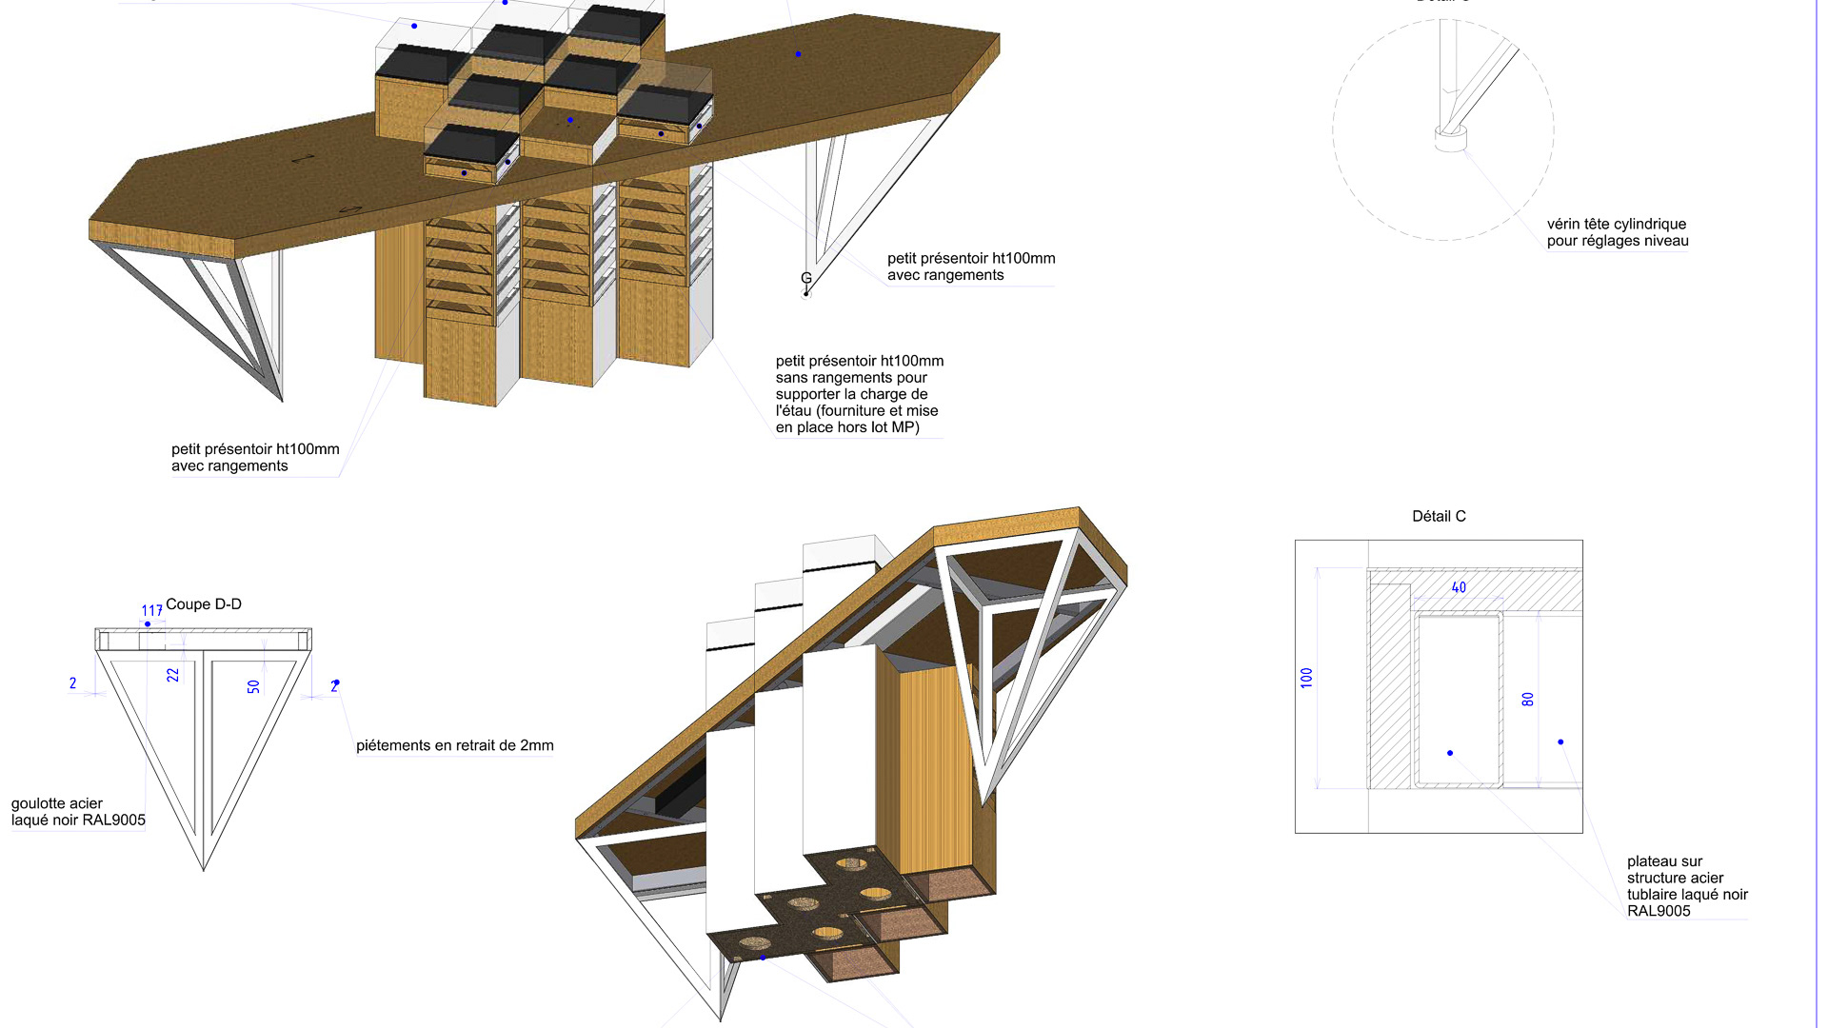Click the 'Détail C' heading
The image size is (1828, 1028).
[x=1439, y=516]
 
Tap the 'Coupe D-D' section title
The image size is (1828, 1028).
[x=204, y=604]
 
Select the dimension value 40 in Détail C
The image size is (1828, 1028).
[x=1459, y=588]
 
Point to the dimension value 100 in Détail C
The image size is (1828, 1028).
[x=1306, y=678]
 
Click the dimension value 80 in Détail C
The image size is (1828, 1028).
[x=1528, y=699]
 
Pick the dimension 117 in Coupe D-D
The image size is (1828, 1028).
[x=151, y=611]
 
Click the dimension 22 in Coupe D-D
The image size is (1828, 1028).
[x=172, y=675]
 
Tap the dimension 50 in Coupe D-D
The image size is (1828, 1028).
[x=253, y=686]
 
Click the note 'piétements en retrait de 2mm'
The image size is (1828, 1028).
[x=454, y=745]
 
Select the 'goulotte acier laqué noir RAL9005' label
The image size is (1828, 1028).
[x=78, y=812]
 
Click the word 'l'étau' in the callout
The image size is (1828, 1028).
[x=793, y=411]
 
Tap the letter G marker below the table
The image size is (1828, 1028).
[x=806, y=279]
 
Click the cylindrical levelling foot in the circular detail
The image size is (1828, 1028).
[x=1450, y=139]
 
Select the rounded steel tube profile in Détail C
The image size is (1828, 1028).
[x=1458, y=701]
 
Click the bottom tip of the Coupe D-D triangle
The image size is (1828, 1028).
[x=203, y=866]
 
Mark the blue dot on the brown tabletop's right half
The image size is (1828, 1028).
[x=798, y=54]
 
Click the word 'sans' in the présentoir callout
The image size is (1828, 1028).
[x=793, y=378]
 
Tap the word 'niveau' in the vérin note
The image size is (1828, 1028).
[x=1665, y=241]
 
